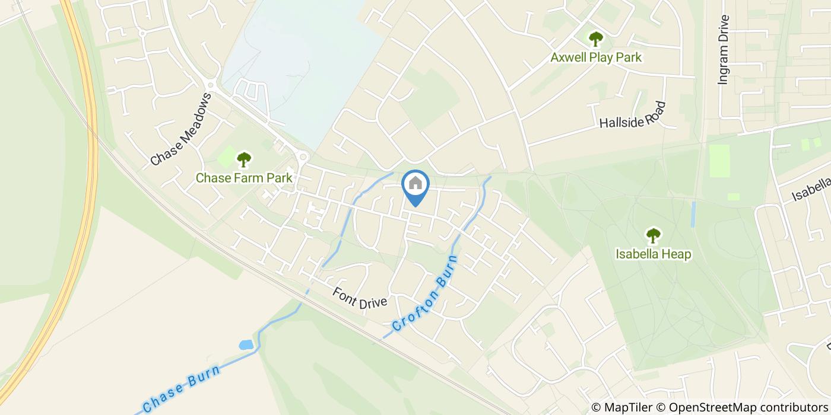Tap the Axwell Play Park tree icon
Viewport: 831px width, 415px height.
[595, 39]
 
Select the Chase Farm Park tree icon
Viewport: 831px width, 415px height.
[243, 159]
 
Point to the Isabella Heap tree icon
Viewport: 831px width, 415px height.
[653, 235]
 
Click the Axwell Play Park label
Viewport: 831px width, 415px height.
[596, 58]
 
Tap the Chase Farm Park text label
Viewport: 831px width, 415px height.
[244, 177]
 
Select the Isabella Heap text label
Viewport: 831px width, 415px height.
[653, 254]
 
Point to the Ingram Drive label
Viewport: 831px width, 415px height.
[722, 50]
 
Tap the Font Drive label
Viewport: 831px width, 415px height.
[359, 298]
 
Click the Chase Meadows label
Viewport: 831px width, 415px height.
[180, 129]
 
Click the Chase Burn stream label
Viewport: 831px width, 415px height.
[182, 390]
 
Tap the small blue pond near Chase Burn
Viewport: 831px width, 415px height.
[245, 344]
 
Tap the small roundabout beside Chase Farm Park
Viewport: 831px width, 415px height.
[303, 157]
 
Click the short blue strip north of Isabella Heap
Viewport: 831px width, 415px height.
[693, 214]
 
